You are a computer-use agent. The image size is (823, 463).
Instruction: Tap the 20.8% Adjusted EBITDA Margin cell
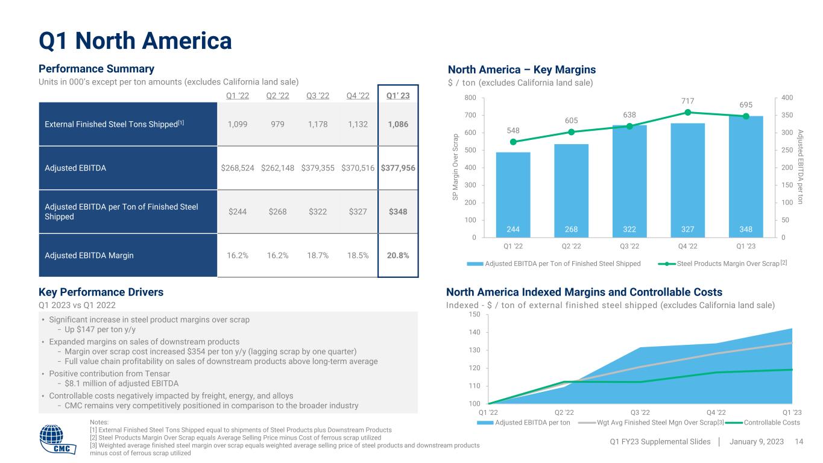click(x=398, y=255)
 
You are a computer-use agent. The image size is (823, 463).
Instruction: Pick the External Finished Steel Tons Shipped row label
click(x=115, y=124)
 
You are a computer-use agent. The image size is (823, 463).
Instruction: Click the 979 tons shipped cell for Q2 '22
click(x=277, y=124)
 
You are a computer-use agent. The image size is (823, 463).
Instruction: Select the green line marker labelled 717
click(x=687, y=112)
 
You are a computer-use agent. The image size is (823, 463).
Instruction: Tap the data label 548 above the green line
click(x=512, y=130)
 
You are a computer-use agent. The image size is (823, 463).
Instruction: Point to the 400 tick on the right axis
click(x=787, y=98)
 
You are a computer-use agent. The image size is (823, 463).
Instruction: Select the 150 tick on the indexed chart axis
click(x=475, y=315)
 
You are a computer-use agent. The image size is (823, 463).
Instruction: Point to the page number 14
click(x=799, y=442)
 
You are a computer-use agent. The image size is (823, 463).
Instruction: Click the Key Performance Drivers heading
click(x=101, y=292)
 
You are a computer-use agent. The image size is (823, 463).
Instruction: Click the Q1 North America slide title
click(x=135, y=41)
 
